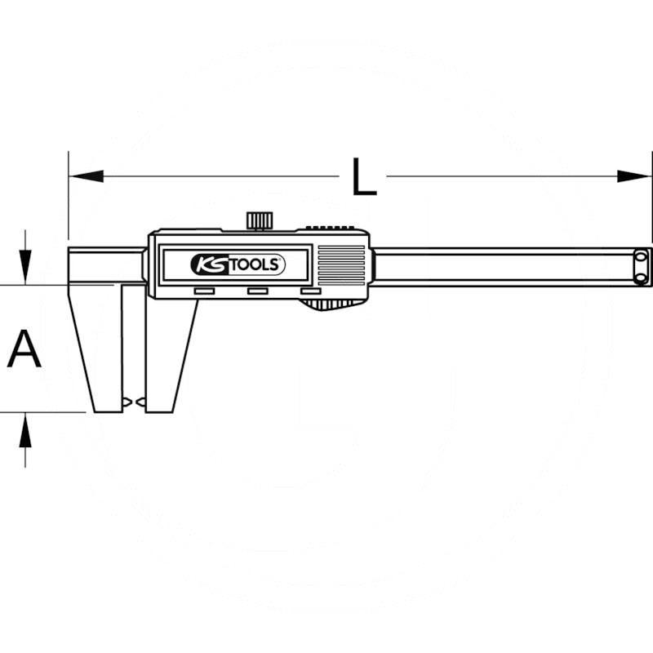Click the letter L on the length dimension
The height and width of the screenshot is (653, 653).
pyautogui.click(x=364, y=176)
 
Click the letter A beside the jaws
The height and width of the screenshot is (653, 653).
pyautogui.click(x=24, y=349)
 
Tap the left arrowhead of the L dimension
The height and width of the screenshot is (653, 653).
pyautogui.click(x=87, y=176)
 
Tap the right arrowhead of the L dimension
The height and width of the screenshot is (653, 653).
pyautogui.click(x=634, y=176)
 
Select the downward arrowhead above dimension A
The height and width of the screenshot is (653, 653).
pyautogui.click(x=26, y=268)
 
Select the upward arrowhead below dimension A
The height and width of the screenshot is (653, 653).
pyautogui.click(x=26, y=430)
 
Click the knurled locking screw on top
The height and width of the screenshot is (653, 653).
pyautogui.click(x=260, y=220)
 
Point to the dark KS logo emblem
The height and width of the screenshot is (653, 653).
pyautogui.click(x=210, y=264)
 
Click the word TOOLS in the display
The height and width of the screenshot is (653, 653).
pyautogui.click(x=255, y=264)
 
